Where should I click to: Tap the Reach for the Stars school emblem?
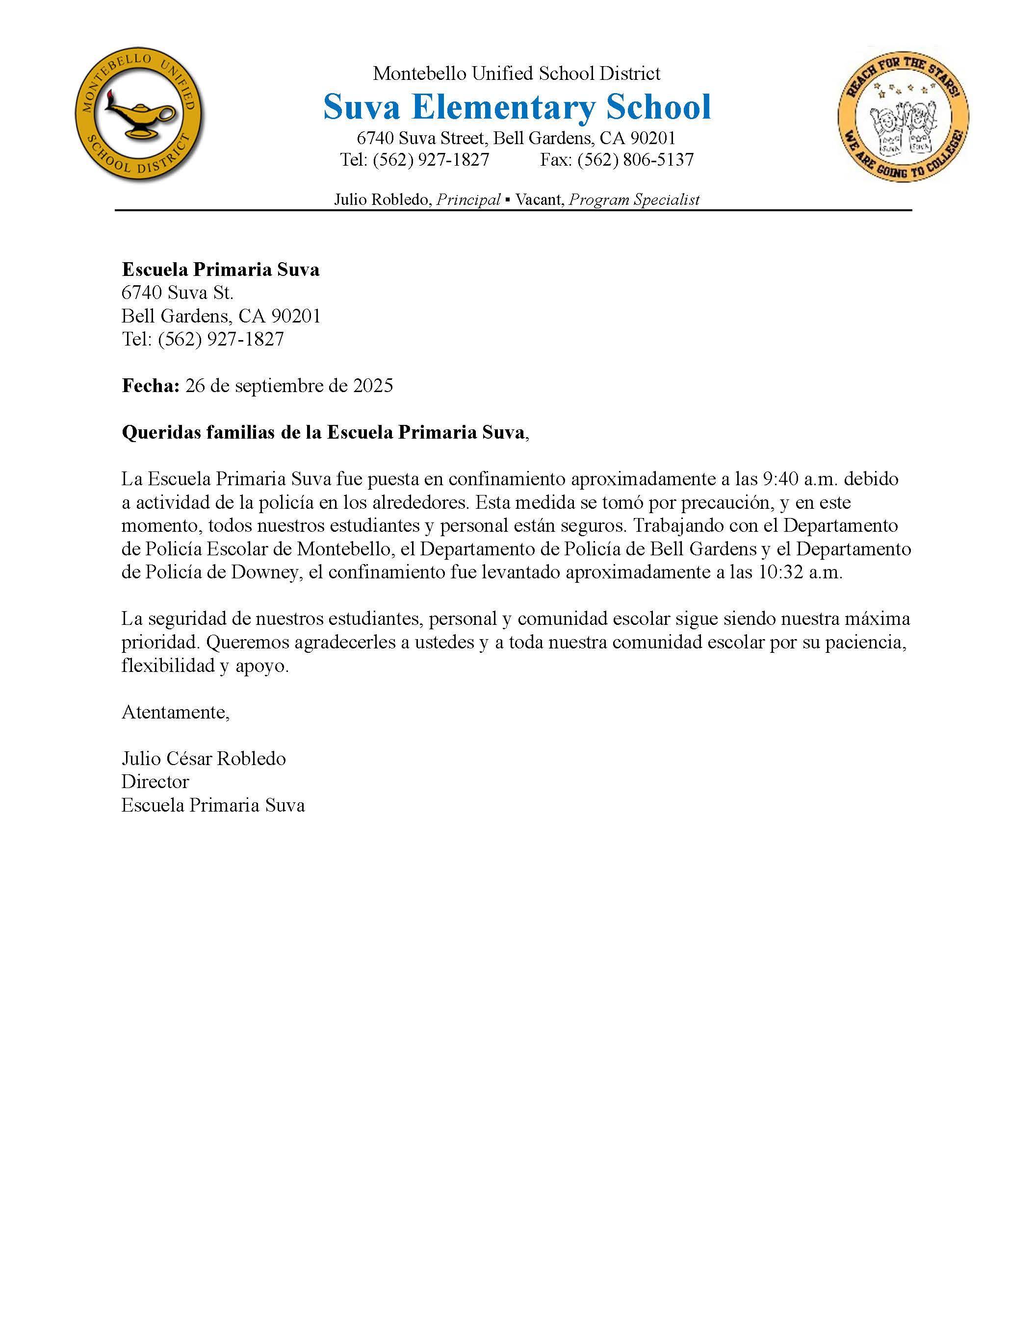click(903, 116)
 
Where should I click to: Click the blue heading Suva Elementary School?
click(517, 107)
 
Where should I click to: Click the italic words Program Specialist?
click(634, 199)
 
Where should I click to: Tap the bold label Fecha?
click(151, 386)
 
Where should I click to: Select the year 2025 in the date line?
click(373, 386)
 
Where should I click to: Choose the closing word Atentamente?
click(175, 712)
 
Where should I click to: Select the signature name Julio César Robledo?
click(204, 759)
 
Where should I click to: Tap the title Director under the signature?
click(155, 782)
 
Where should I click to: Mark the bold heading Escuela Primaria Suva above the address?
click(221, 270)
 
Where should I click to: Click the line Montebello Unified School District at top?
click(517, 74)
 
